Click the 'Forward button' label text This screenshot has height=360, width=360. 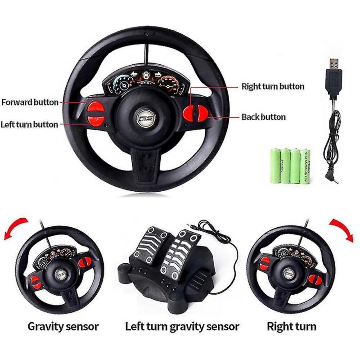[x=30, y=102]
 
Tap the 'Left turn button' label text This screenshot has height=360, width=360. [x=29, y=124]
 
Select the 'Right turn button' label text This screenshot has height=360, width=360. [x=273, y=86]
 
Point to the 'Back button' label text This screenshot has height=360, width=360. [x=263, y=117]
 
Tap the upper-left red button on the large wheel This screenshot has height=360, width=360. [x=95, y=107]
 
